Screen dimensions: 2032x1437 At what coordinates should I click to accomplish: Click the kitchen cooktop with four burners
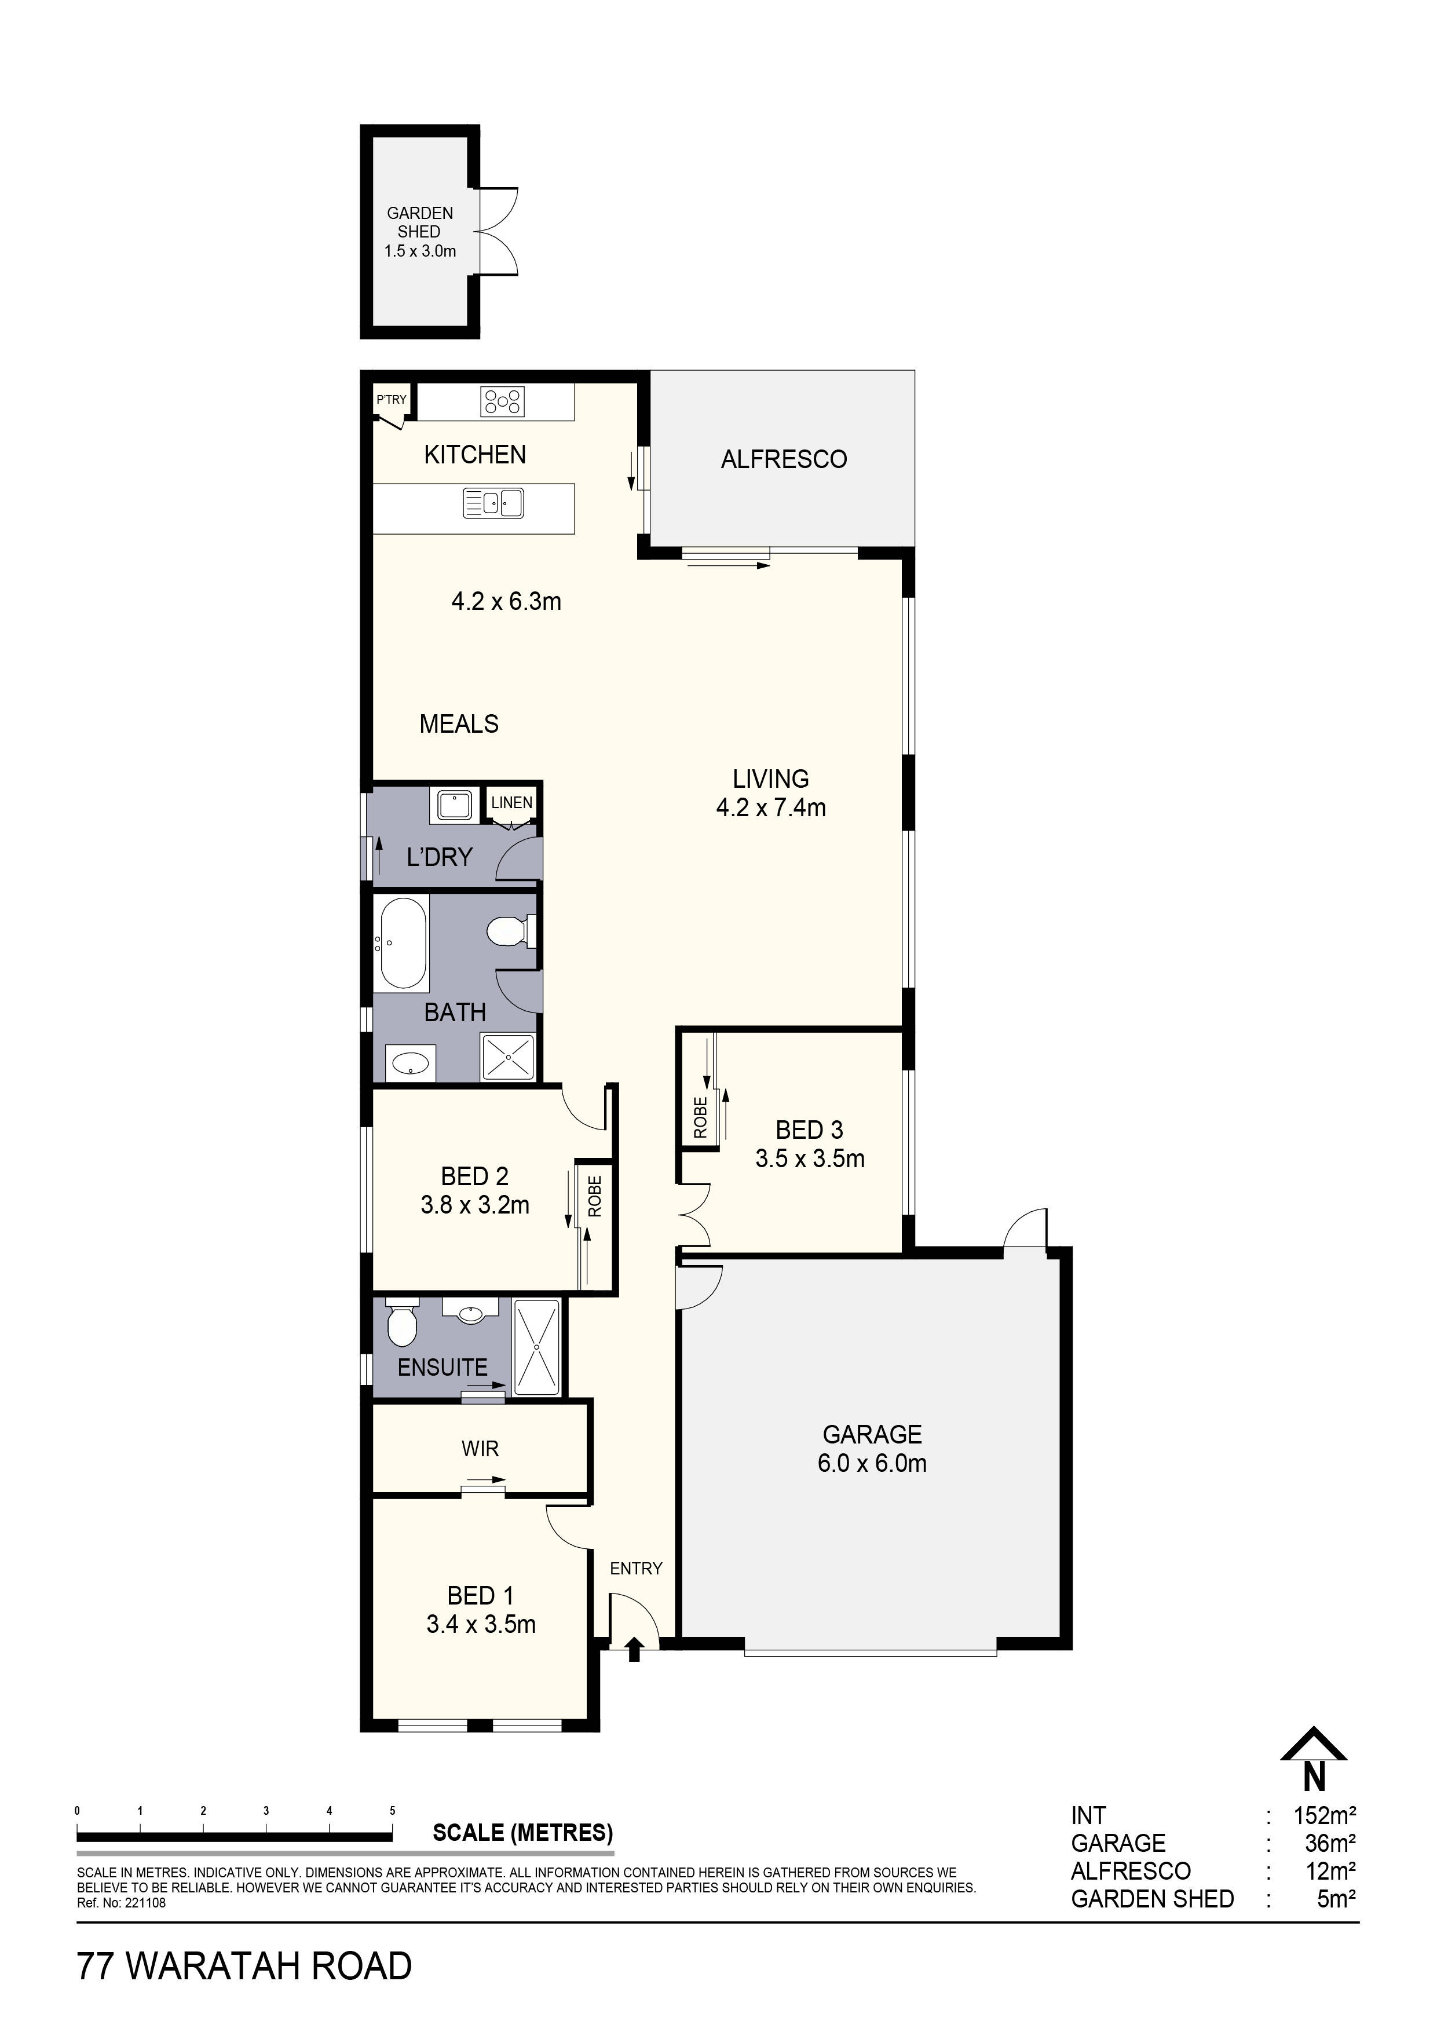502,402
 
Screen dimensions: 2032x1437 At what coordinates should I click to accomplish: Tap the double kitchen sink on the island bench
493,505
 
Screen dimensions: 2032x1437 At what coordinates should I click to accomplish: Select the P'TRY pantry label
391,400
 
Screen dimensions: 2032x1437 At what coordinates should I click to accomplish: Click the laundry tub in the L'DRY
455,805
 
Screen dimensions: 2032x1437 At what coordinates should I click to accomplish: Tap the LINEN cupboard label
511,803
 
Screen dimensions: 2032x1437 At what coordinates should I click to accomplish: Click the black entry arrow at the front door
634,1649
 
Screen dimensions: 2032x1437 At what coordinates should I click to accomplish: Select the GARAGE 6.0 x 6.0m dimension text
872,1463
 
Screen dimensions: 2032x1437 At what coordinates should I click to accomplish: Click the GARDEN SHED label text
419,222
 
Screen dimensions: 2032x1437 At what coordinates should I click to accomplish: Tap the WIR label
480,1449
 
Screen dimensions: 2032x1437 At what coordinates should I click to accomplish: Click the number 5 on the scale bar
392,1811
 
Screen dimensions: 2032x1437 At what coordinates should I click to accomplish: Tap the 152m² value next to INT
1325,1816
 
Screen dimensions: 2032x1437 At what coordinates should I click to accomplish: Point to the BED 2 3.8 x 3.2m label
475,1190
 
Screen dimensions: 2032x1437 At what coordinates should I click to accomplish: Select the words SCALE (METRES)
522,1833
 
